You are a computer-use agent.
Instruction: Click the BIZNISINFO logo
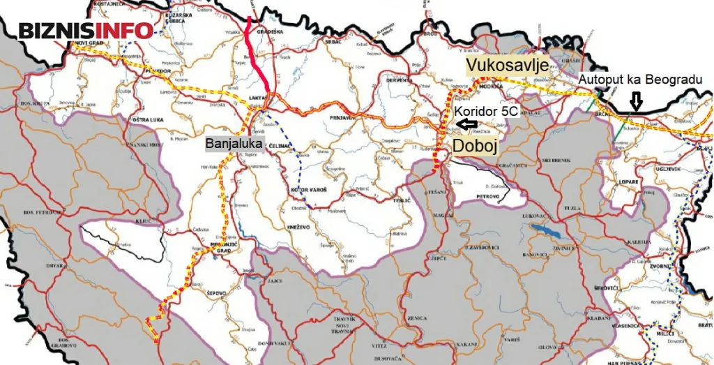tap(86, 31)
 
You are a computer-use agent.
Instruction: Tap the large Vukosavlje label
tap(506, 65)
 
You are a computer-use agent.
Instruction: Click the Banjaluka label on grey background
tap(233, 143)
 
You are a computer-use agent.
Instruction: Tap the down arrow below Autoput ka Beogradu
tap(635, 103)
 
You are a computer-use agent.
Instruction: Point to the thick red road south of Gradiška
tap(260, 66)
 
